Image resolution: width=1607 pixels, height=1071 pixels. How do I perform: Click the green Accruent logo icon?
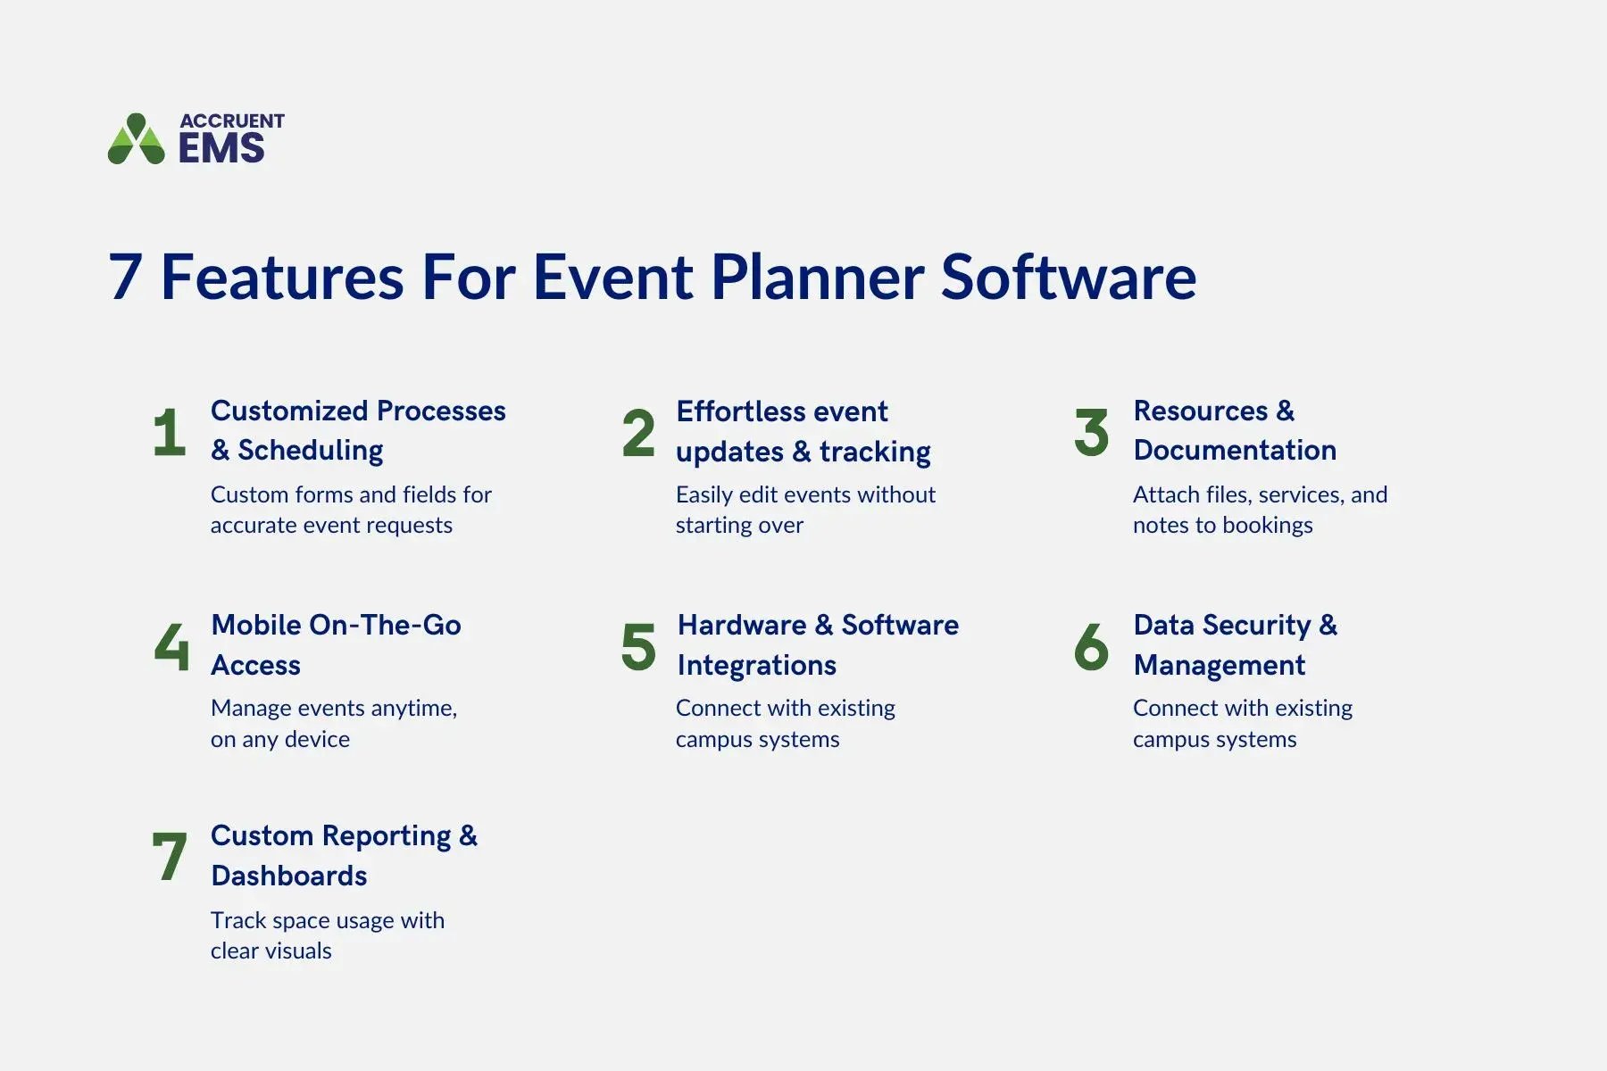click(x=136, y=139)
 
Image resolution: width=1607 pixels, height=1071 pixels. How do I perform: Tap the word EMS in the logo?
click(x=221, y=148)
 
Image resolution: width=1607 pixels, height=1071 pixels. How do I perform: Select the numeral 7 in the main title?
click(x=126, y=278)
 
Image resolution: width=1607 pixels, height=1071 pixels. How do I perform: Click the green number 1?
click(x=170, y=433)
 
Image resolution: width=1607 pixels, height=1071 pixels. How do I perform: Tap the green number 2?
click(x=638, y=433)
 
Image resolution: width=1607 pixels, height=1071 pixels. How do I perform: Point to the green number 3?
click(x=1091, y=433)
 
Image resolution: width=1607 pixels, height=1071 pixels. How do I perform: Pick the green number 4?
click(x=171, y=646)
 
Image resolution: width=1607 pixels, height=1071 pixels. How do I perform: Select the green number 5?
click(x=638, y=647)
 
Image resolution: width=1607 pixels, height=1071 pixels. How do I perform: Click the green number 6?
click(x=1091, y=647)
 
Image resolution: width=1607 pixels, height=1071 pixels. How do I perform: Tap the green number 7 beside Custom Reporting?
click(x=170, y=857)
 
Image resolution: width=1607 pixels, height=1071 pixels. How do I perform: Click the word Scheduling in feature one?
click(x=310, y=451)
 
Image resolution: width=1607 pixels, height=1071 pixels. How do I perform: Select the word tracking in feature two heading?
click(x=875, y=452)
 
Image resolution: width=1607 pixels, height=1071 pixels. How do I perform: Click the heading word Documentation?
click(x=1235, y=451)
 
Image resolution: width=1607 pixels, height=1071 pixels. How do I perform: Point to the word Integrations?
click(x=756, y=665)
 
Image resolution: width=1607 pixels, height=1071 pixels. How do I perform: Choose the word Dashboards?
click(x=289, y=876)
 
